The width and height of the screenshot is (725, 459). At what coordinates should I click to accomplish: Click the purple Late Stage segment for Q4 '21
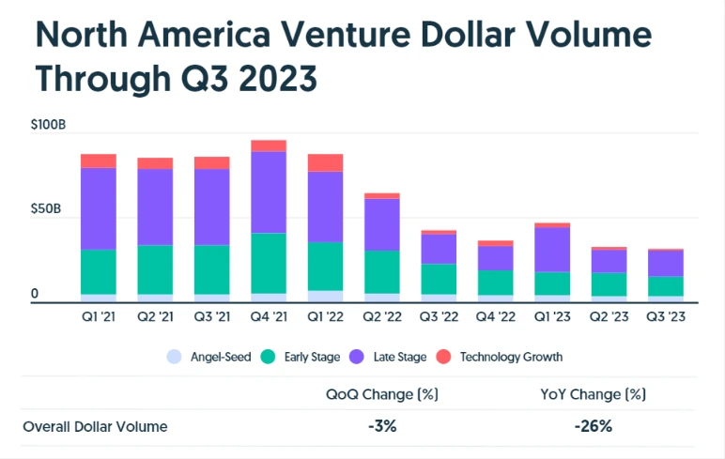coord(269,192)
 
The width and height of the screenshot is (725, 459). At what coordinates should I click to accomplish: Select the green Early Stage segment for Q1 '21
coord(99,272)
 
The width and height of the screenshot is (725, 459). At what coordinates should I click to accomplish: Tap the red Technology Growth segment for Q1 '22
coord(326,163)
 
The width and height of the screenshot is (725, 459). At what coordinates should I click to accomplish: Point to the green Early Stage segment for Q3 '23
coord(665,286)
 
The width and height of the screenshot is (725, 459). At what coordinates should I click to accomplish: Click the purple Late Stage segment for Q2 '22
coord(382,224)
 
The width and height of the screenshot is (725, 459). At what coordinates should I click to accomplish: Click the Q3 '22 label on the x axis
coord(439,318)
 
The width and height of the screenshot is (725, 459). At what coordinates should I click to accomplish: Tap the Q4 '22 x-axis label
coord(495,318)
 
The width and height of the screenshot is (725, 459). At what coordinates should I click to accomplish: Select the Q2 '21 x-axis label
coord(155,318)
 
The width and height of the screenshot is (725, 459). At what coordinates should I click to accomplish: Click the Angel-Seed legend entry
coord(208,357)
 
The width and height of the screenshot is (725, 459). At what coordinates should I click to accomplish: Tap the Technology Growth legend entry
coord(506,357)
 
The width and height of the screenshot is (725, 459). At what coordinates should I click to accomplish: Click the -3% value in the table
coord(382,426)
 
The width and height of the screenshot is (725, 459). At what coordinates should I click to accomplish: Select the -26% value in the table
coord(595,426)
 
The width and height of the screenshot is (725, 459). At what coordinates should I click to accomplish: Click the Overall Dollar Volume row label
coord(95,427)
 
